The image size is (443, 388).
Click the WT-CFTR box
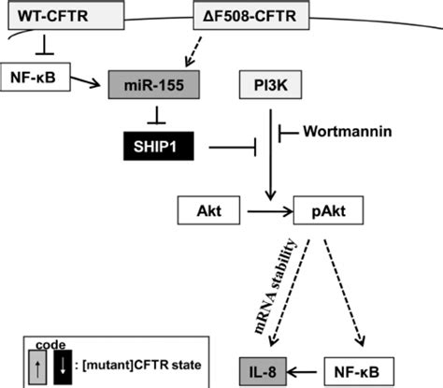pyautogui.click(x=66, y=15)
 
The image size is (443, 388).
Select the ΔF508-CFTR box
pyautogui.click(x=251, y=15)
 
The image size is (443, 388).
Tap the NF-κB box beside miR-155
pyautogui.click(x=36, y=77)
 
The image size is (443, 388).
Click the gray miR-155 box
pyautogui.click(x=154, y=85)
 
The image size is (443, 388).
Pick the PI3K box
pyautogui.click(x=270, y=85)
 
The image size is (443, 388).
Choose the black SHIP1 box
pyautogui.click(x=159, y=146)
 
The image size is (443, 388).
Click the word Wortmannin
pyautogui.click(x=348, y=132)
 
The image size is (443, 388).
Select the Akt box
pyautogui.click(x=208, y=210)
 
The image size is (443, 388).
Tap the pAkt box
pyautogui.click(x=328, y=210)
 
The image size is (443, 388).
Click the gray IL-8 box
pyautogui.click(x=263, y=371)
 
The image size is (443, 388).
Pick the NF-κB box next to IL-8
pyautogui.click(x=359, y=371)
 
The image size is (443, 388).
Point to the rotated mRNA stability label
pyautogui.click(x=275, y=286)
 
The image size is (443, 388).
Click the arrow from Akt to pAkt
pyautogui.click(x=270, y=212)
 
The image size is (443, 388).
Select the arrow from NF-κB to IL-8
pyautogui.click(x=302, y=372)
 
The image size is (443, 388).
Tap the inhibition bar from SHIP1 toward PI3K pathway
pyautogui.click(x=233, y=147)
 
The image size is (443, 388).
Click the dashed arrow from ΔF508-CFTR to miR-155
pyautogui.click(x=193, y=51)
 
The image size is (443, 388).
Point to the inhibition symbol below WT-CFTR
pyautogui.click(x=45, y=45)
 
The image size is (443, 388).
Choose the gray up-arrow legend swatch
pyautogui.click(x=37, y=367)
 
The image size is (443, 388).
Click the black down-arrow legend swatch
pyautogui.click(x=63, y=367)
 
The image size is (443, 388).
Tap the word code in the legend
pyautogui.click(x=50, y=345)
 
